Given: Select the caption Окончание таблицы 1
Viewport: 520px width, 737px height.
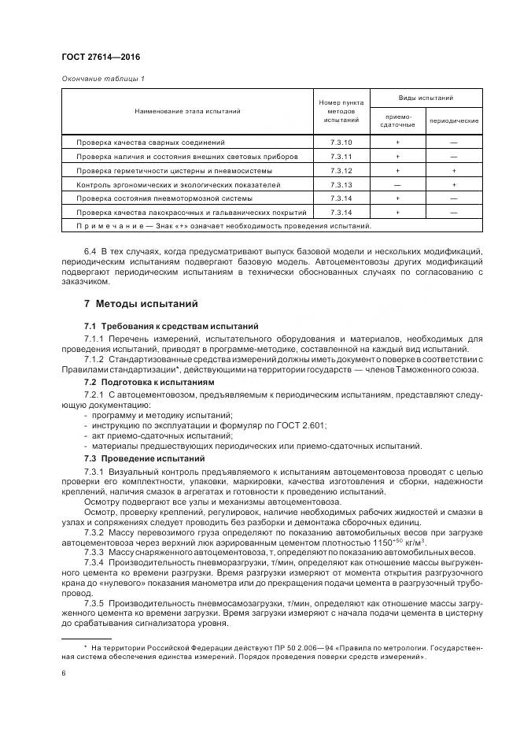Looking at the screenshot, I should click(102, 78).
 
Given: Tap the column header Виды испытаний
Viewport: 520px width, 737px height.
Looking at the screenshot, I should click(426, 98).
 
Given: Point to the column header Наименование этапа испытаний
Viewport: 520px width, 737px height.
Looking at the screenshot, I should click(186, 112).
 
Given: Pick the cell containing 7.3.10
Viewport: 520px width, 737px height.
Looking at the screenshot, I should click(341, 143).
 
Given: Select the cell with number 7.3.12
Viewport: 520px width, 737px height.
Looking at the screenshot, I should click(341, 170).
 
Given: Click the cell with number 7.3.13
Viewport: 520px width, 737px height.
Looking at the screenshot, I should click(341, 184).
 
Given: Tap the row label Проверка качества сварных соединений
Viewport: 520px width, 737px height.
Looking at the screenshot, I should click(150, 143).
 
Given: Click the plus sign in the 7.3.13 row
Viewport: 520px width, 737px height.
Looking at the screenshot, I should click(454, 184).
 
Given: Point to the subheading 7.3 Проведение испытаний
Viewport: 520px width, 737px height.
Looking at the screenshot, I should click(135, 457).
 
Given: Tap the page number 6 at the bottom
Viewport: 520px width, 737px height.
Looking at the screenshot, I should click(63, 674).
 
